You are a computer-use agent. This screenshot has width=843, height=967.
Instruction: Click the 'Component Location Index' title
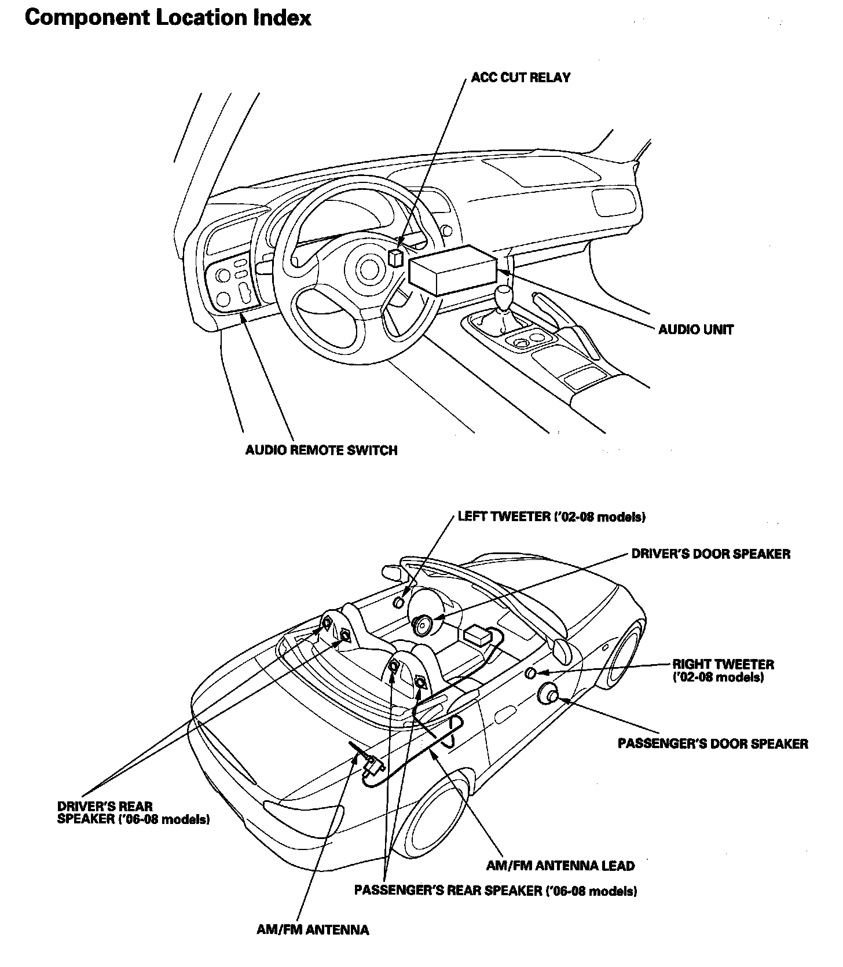(x=168, y=18)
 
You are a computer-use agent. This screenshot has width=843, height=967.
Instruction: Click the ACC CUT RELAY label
(x=521, y=78)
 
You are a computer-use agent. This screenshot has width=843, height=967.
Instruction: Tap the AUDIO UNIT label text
(x=696, y=330)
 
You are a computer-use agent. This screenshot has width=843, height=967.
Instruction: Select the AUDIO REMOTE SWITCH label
(x=321, y=450)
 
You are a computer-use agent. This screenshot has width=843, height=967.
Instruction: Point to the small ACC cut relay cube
(x=395, y=258)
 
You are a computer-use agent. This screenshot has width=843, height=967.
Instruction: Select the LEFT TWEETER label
(x=551, y=517)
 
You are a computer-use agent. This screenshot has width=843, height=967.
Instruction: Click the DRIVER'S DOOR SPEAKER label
(x=710, y=554)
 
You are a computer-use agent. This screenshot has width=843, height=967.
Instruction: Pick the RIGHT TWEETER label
(x=723, y=671)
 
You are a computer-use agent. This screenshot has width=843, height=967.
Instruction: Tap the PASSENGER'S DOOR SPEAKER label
(x=713, y=743)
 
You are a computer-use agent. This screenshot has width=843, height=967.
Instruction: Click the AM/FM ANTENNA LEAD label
(x=560, y=866)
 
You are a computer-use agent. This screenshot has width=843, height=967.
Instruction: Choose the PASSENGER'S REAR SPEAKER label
(x=496, y=891)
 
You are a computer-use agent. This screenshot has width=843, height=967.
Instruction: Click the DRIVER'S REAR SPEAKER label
(x=133, y=813)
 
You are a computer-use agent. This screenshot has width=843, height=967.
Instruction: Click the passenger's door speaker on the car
(x=548, y=693)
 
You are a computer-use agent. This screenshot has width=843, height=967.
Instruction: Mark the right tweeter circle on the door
(x=531, y=673)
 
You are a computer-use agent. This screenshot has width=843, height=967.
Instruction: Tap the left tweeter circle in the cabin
(x=398, y=603)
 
